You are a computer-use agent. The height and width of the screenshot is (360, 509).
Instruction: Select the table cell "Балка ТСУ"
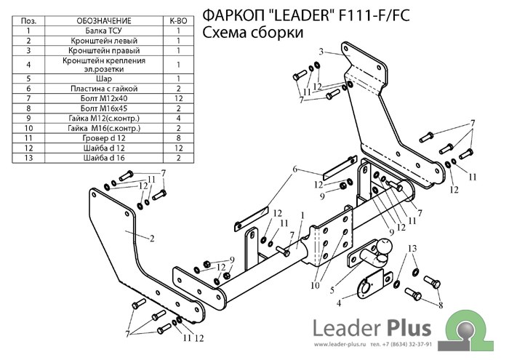[104, 31]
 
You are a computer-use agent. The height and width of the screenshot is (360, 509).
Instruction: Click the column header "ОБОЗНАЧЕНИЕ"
[104, 22]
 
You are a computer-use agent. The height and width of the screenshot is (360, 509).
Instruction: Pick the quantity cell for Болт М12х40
[177, 97]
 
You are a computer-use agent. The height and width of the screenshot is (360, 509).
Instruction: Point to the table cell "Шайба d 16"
[104, 157]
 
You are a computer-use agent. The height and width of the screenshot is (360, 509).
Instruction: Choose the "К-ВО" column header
[177, 22]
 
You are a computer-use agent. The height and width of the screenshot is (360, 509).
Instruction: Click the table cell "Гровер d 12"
[104, 137]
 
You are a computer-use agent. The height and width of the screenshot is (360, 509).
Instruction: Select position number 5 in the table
[28, 77]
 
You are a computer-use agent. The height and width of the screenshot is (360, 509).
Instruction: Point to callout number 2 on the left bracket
[153, 238]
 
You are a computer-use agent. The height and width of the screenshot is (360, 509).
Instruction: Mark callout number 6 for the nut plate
[296, 169]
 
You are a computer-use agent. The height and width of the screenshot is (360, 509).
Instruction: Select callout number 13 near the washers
[412, 249]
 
